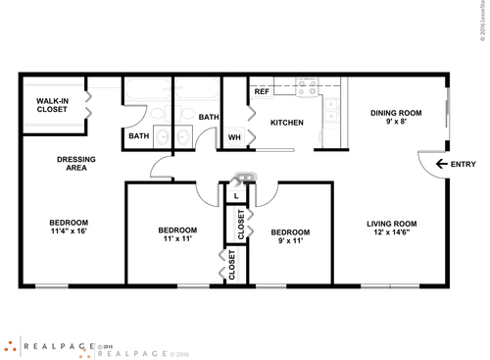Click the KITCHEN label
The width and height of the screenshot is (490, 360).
[x=286, y=123]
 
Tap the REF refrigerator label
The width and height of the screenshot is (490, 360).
[x=262, y=91]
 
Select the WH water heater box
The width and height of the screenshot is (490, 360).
[x=234, y=136]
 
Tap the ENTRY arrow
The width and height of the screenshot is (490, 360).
[x=441, y=164]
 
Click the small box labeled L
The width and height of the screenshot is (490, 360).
[x=237, y=195]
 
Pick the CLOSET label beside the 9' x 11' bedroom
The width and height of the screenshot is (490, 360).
[x=241, y=225]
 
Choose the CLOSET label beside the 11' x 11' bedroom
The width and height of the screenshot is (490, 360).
[x=232, y=265]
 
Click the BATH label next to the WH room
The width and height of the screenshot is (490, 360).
[x=208, y=118]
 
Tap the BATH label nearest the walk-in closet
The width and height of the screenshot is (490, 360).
[x=138, y=136]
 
